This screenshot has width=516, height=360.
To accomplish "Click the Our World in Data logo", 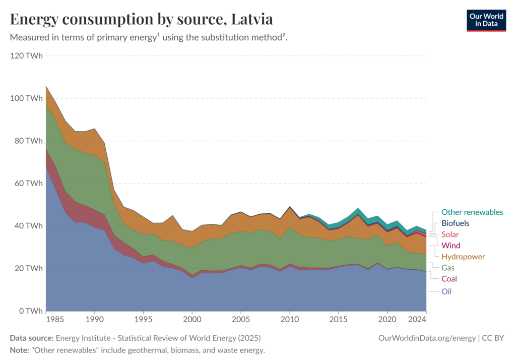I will point(486,20).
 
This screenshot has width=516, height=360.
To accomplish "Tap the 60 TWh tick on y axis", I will point(29,183).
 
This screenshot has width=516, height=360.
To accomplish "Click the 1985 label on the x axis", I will point(55,320).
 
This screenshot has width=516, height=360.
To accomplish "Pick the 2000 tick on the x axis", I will point(191,320).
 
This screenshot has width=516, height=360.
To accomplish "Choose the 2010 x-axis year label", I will point(289,320).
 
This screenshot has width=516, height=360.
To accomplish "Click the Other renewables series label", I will point(472,212).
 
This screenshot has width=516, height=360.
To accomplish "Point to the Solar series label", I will point(450,234).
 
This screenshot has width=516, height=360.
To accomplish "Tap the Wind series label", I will point(450,246).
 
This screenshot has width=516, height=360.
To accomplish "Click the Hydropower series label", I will point(463,257).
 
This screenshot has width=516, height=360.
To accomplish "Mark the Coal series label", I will point(449,279).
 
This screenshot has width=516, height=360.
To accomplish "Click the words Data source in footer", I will point(32,338).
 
